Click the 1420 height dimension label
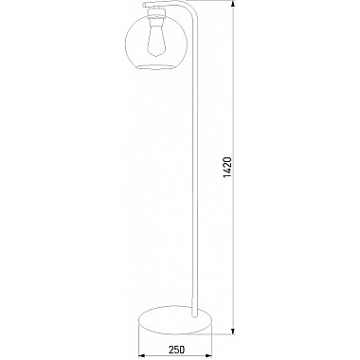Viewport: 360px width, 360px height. [227, 167]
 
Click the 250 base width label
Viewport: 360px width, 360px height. [176, 350]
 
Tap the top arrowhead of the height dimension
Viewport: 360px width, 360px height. [233, 4]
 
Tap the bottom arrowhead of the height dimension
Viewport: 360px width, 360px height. [233, 332]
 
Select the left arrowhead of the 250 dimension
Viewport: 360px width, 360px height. [142, 355]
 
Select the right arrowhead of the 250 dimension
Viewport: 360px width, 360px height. [208, 355]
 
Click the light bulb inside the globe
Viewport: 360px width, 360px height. [155, 40]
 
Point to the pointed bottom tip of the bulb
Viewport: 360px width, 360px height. [155, 57]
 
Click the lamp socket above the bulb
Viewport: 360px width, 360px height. [156, 14]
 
